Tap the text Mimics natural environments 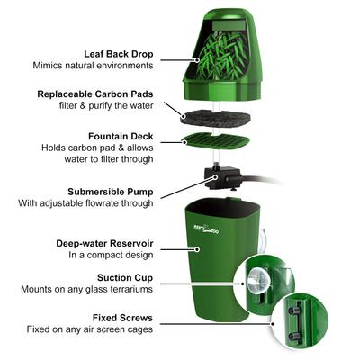pyautogui.click(x=93, y=66)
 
